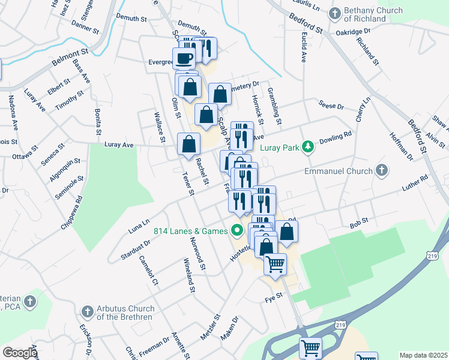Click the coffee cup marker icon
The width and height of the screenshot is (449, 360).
(x=184, y=58)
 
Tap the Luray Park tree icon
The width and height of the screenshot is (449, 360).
(x=308, y=146)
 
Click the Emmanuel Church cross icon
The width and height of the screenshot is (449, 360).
(x=381, y=171)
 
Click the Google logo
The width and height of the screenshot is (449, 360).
(x=19, y=353)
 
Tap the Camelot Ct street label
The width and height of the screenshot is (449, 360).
(x=148, y=270)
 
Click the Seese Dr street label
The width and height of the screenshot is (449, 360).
(x=331, y=106)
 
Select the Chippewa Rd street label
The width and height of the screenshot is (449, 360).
(x=71, y=211)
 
